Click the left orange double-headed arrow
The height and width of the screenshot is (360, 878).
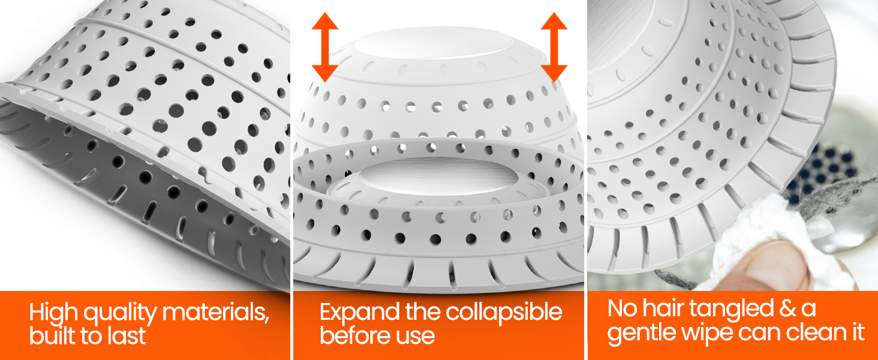[325, 47]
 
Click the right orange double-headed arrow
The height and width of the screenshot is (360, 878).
[554, 47]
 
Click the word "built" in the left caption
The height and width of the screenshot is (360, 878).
[52, 335]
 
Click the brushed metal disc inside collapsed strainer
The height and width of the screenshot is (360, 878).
[438, 176]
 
